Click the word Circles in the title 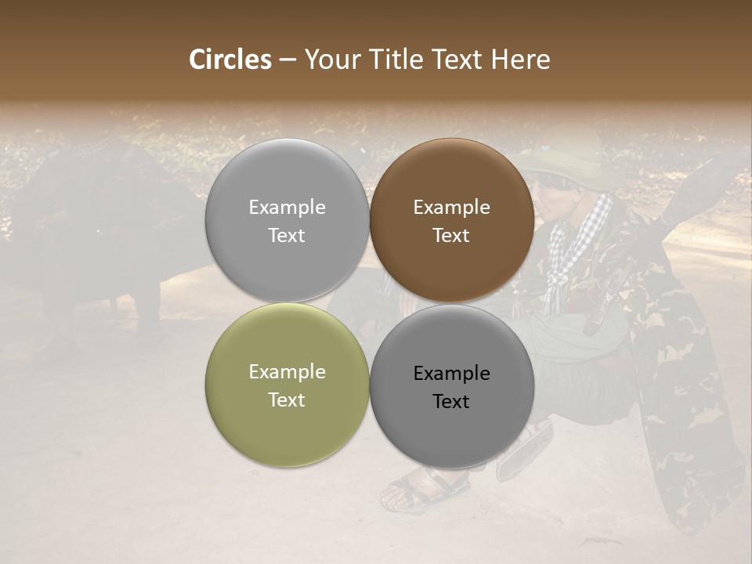click(230, 60)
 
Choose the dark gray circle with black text click(452, 431)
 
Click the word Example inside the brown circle click(451, 208)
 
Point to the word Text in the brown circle click(451, 236)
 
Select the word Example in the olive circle click(287, 372)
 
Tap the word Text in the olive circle click(287, 400)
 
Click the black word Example click(451, 374)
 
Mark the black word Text click(451, 402)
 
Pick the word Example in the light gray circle click(287, 208)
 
